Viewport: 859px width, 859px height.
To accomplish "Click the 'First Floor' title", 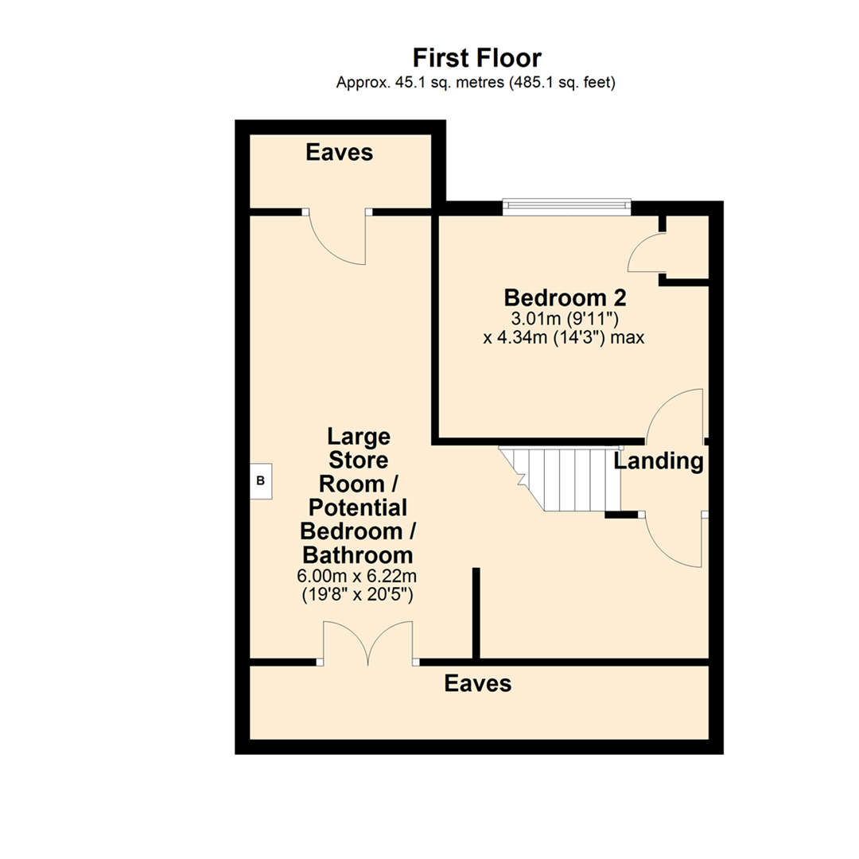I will (x=477, y=58).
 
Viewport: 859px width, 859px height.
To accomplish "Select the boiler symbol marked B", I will (x=261, y=481).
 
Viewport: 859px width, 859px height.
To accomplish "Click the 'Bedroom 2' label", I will (x=566, y=298).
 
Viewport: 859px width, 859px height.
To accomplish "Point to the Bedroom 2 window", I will (x=567, y=207).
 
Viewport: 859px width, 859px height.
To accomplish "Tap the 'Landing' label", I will (x=659, y=461).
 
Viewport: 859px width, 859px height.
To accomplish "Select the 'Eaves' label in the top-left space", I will (x=340, y=153).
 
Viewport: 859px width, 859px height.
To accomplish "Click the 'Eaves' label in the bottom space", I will (x=478, y=683).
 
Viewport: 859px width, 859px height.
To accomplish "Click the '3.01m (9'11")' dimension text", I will (x=566, y=319).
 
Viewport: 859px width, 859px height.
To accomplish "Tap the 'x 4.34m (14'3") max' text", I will (x=564, y=337).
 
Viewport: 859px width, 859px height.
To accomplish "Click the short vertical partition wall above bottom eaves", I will (x=476, y=612).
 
